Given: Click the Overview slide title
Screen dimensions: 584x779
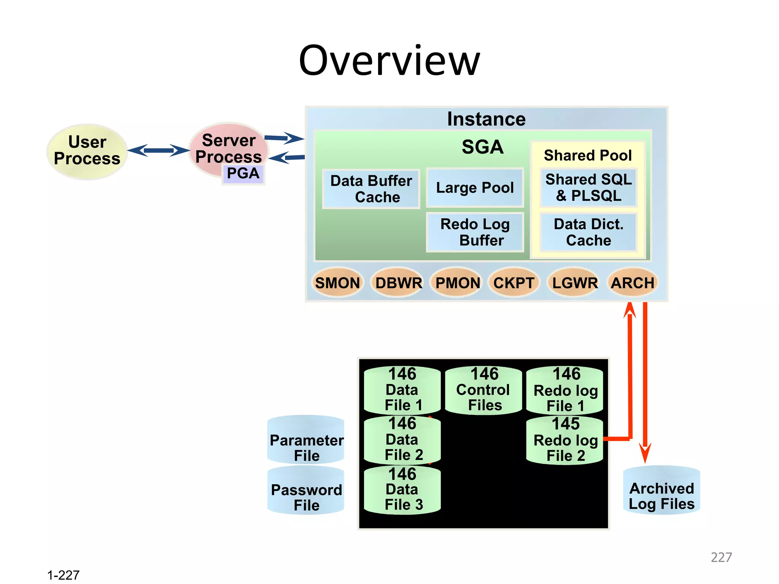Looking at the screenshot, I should (389, 61).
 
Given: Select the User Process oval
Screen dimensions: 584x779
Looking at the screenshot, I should (87, 151).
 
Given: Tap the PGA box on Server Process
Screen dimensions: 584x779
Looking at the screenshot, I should (243, 174).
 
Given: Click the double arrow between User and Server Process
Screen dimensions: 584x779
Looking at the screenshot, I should (158, 151).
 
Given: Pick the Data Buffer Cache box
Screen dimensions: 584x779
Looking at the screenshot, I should (371, 189).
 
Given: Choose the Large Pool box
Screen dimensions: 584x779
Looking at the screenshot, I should (475, 188).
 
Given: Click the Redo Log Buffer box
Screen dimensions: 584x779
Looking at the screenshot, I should (475, 232).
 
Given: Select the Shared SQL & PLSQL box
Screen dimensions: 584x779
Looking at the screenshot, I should (588, 188).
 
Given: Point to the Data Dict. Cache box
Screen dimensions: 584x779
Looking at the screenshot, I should (588, 232).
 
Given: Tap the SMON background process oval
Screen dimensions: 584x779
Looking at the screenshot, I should (337, 283).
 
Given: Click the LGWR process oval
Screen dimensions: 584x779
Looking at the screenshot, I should (575, 283).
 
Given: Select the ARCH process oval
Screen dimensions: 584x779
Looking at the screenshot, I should (632, 283).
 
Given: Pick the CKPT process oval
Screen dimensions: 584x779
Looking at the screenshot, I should (514, 283).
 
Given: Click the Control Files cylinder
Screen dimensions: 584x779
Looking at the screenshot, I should (483, 390).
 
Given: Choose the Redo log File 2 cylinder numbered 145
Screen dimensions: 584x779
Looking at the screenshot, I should (565, 440).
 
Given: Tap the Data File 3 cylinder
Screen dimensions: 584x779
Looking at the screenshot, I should (402, 490).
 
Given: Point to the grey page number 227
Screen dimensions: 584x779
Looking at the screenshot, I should (721, 557).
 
